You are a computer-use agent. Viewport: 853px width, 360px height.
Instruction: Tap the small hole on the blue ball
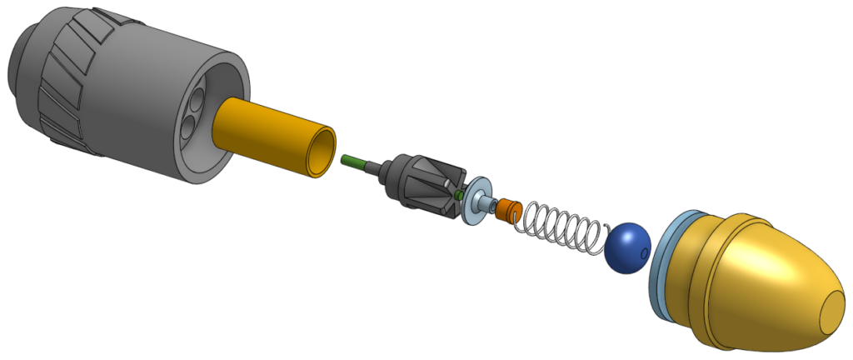(x=646, y=252)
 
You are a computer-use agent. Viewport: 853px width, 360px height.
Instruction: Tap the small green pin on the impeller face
(x=459, y=194)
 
